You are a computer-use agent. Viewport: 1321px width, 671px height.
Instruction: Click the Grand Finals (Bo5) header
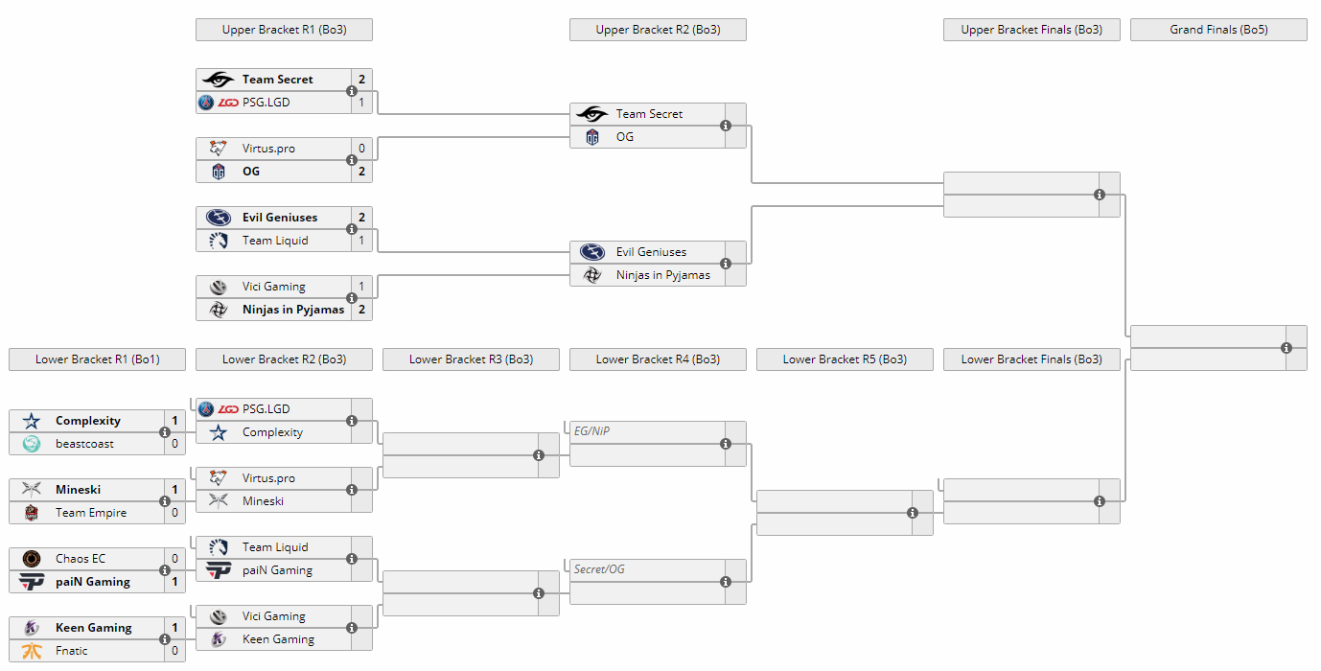click(1218, 30)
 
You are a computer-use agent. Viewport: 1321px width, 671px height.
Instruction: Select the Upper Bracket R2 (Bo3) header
click(658, 30)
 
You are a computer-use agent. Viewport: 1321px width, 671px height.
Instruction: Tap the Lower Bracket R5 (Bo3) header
click(845, 359)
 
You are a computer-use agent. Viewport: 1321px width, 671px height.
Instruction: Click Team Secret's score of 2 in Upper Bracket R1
click(361, 79)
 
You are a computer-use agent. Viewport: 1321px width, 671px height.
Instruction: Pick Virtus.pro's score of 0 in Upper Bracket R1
click(361, 148)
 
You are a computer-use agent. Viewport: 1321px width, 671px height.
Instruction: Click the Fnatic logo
click(32, 650)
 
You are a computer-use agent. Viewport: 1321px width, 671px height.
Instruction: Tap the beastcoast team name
click(84, 444)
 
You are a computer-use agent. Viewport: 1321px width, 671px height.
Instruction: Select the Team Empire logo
click(32, 513)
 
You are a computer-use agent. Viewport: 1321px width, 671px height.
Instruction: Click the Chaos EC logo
click(32, 559)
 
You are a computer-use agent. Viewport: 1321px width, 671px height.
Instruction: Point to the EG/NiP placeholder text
click(592, 431)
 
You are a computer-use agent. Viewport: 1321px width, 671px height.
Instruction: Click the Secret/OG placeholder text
click(599, 569)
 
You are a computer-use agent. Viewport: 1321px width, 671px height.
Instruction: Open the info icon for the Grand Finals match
click(1286, 348)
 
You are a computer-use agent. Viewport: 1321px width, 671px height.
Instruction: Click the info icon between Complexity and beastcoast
click(165, 432)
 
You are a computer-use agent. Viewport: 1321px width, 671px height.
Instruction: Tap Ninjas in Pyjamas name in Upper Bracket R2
click(662, 275)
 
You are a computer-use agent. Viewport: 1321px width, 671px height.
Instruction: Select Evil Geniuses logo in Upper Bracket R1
click(219, 218)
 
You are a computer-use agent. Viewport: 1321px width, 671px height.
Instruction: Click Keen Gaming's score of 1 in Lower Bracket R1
click(174, 627)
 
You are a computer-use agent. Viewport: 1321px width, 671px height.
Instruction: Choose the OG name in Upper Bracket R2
click(624, 137)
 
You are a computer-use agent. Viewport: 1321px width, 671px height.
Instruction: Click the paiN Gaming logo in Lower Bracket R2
click(219, 570)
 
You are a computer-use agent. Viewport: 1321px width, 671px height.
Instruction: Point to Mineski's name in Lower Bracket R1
click(78, 490)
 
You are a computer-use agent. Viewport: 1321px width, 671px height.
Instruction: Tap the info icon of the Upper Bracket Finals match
click(1100, 195)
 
